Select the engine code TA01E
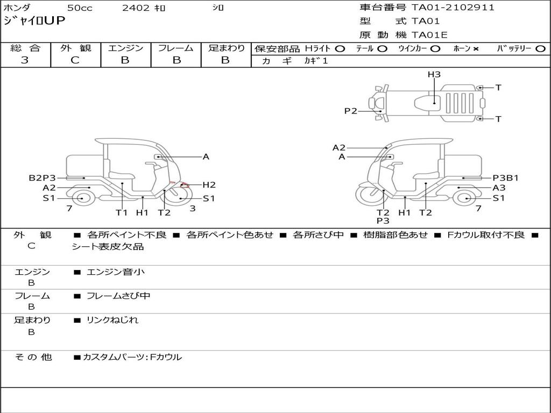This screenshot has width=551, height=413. point(429,35)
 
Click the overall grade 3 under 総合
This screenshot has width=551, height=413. point(25,60)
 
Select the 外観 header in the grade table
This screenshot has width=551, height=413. point(75,48)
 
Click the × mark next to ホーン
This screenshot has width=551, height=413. point(476,49)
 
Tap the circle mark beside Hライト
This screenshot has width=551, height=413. point(340,48)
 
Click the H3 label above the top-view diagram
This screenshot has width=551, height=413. point(434,75)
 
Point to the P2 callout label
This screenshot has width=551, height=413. point(351,111)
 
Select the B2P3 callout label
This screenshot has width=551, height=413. point(42,178)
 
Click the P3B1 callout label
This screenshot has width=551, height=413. point(506,178)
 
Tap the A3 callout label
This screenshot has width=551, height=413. point(499,188)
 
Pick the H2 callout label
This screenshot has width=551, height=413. point(209,185)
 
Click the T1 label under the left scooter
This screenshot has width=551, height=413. point(122,212)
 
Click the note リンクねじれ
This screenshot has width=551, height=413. point(112,320)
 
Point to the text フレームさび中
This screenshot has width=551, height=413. point(118,296)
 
